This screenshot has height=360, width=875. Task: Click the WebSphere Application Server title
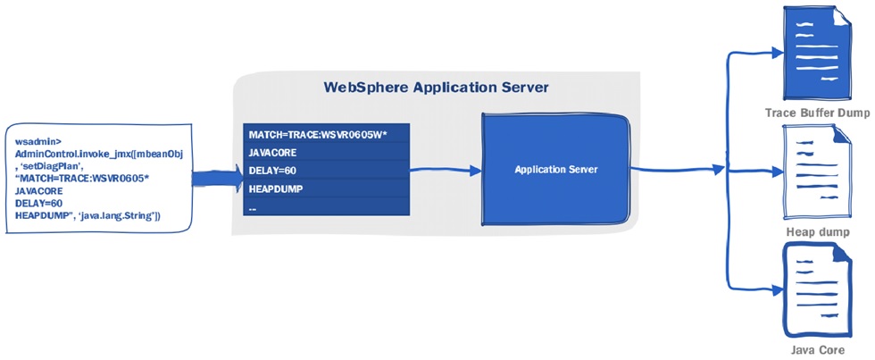[x=435, y=88]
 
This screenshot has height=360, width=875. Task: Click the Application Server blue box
[x=556, y=169]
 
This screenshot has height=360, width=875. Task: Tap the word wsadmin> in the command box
[x=35, y=142]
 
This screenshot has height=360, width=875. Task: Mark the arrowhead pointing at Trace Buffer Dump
[x=772, y=52]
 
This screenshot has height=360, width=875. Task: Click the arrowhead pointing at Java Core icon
[x=772, y=289]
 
